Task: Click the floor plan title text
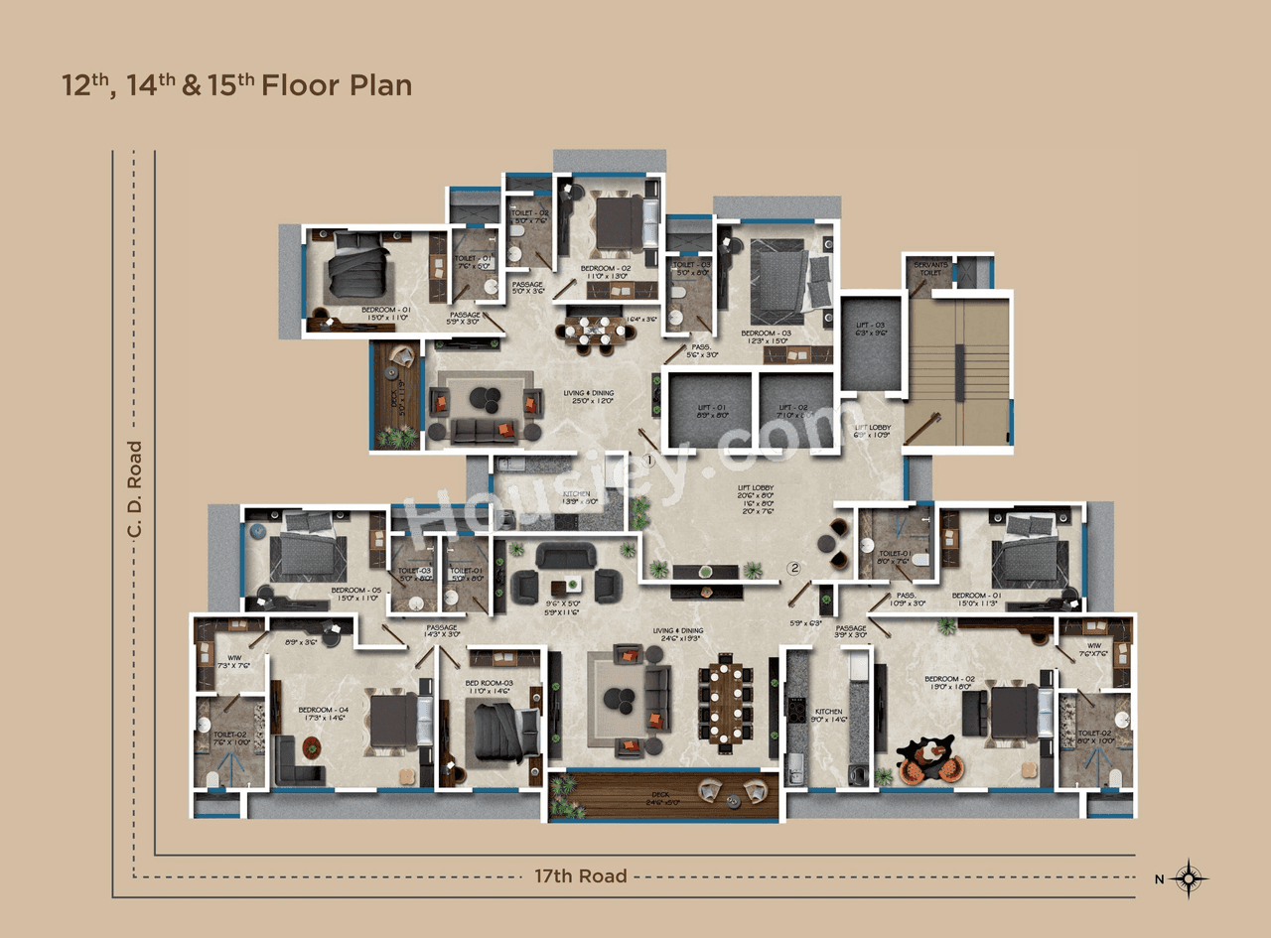click(x=236, y=85)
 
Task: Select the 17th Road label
click(x=581, y=875)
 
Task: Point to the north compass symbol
click(x=1189, y=877)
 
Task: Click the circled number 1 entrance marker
click(x=647, y=461)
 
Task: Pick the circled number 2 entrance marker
click(x=794, y=568)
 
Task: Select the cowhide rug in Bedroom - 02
click(x=928, y=757)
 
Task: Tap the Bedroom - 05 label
click(x=354, y=595)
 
